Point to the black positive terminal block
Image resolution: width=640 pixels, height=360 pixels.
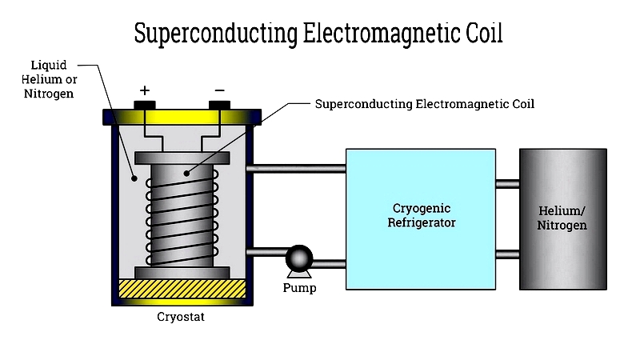pyautogui.click(x=145, y=104)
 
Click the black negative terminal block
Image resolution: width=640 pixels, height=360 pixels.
pyautogui.click(x=219, y=104)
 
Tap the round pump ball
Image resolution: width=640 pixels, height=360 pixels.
pyautogui.click(x=299, y=258)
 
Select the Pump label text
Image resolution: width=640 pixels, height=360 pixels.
pyautogui.click(x=299, y=287)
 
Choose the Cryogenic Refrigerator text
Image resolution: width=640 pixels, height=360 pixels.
pyautogui.click(x=421, y=216)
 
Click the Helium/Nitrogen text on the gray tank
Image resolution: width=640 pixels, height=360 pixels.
pyautogui.click(x=562, y=218)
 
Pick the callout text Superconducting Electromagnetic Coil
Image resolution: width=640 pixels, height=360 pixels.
pyautogui.click(x=424, y=104)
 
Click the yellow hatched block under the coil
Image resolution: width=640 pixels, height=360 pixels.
pyautogui.click(x=182, y=290)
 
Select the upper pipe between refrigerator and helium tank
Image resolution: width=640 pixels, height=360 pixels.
pyautogui.click(x=507, y=184)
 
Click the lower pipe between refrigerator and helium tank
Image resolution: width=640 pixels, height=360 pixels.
pyautogui.click(x=507, y=255)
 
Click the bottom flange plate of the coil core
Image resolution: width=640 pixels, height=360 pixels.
pyautogui.click(x=183, y=273)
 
